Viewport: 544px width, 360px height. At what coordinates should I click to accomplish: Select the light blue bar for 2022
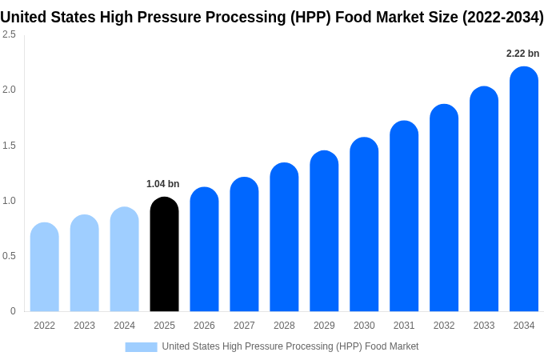(x=44, y=267)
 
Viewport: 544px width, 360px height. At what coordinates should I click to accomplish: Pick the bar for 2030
(x=364, y=225)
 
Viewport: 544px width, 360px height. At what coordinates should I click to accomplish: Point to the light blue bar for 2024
(x=124, y=259)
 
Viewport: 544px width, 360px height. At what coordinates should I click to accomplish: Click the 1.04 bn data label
(x=162, y=184)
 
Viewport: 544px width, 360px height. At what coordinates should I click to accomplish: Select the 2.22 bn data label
(x=522, y=54)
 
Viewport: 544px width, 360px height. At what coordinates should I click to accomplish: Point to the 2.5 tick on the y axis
(x=9, y=34)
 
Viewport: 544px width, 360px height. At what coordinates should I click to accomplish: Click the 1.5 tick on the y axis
(x=9, y=146)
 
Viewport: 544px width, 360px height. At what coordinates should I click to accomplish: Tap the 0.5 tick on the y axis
(x=9, y=256)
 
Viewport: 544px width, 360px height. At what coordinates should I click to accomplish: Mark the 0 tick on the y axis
(x=13, y=311)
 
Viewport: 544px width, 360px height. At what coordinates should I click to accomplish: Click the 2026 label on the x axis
(x=204, y=326)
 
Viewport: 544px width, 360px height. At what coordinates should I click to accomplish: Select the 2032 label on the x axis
(x=444, y=326)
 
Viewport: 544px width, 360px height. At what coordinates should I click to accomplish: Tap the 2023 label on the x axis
(x=84, y=326)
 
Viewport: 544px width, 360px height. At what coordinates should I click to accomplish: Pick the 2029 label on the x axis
(x=324, y=326)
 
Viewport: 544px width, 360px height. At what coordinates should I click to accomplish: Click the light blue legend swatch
(x=141, y=347)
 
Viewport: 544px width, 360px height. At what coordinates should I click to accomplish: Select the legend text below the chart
(x=290, y=346)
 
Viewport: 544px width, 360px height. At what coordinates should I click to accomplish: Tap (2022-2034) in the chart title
(x=502, y=17)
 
